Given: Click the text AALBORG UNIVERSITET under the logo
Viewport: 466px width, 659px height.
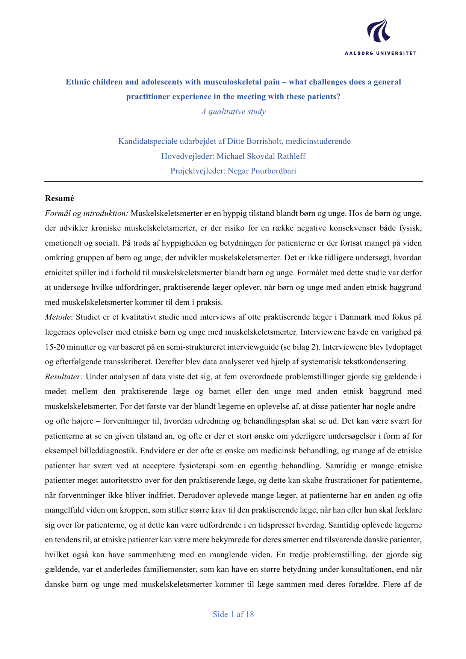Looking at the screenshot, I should click(x=380, y=53).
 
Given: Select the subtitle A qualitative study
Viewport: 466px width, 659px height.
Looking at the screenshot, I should click(x=233, y=112).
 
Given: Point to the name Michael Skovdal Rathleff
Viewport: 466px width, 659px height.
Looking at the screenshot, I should click(x=261, y=156).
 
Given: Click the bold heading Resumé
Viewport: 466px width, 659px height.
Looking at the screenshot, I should click(x=59, y=198).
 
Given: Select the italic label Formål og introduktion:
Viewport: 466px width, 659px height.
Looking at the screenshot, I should click(x=87, y=213).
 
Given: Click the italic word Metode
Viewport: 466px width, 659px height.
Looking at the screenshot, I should click(x=57, y=317).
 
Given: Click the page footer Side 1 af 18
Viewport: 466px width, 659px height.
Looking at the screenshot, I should click(x=233, y=614).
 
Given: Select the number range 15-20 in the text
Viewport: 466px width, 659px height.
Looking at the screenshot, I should click(x=55, y=347).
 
